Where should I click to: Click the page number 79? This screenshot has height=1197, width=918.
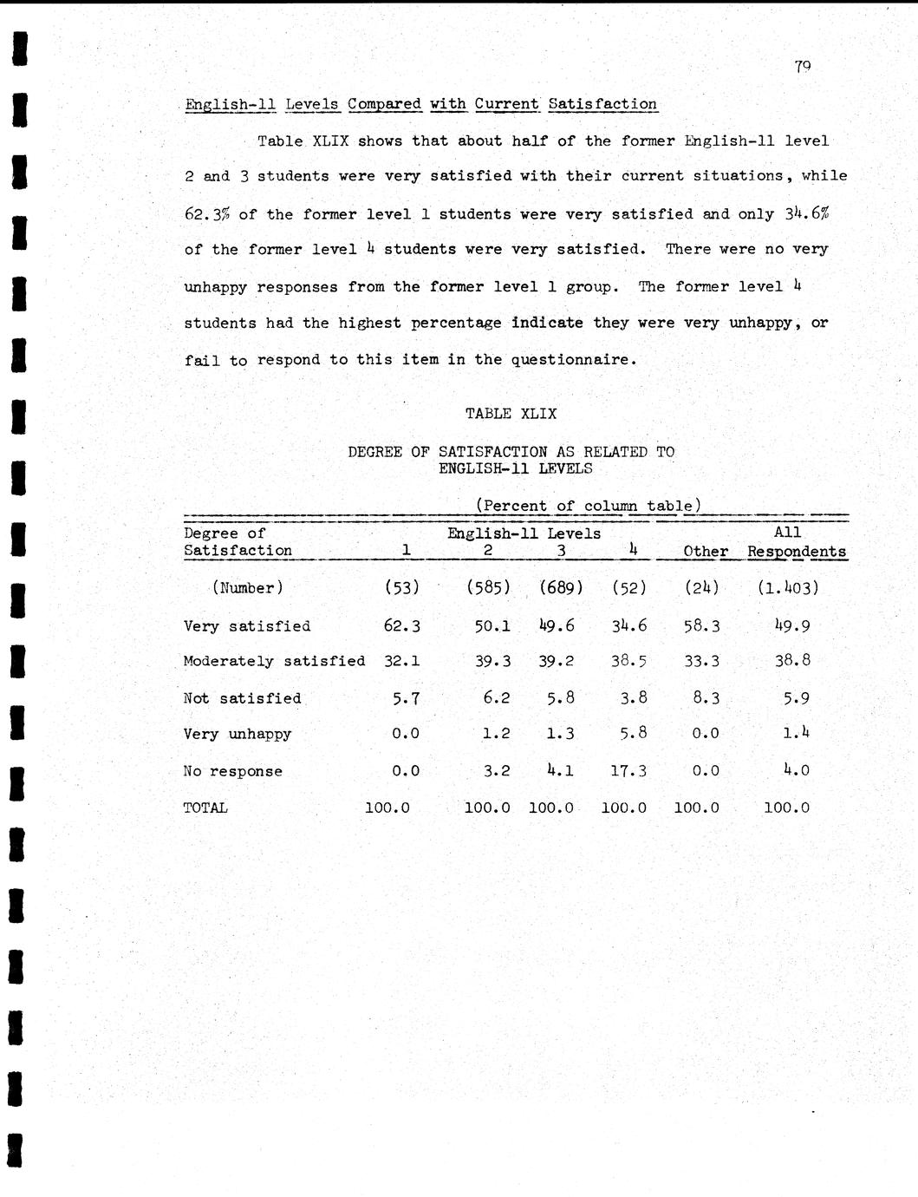[x=802, y=67]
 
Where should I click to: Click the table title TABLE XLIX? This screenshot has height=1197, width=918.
[x=511, y=414]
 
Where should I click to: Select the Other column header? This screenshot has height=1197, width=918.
[x=705, y=552]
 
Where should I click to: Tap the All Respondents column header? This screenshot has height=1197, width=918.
[x=796, y=542]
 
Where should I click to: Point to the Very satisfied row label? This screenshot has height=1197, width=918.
[x=247, y=626]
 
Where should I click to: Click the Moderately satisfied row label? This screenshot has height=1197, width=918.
[x=274, y=661]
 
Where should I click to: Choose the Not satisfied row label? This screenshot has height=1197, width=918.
[x=243, y=698]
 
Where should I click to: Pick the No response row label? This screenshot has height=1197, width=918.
[x=233, y=771]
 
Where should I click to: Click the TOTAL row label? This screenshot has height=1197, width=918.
[x=205, y=808]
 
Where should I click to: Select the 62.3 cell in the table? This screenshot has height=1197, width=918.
[x=402, y=625]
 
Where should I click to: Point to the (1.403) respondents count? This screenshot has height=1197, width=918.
[x=787, y=587]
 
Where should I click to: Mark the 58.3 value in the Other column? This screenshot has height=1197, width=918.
[x=701, y=625]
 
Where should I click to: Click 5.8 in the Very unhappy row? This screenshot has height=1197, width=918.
[x=633, y=733]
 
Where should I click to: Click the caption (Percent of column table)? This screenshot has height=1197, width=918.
[x=588, y=506]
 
